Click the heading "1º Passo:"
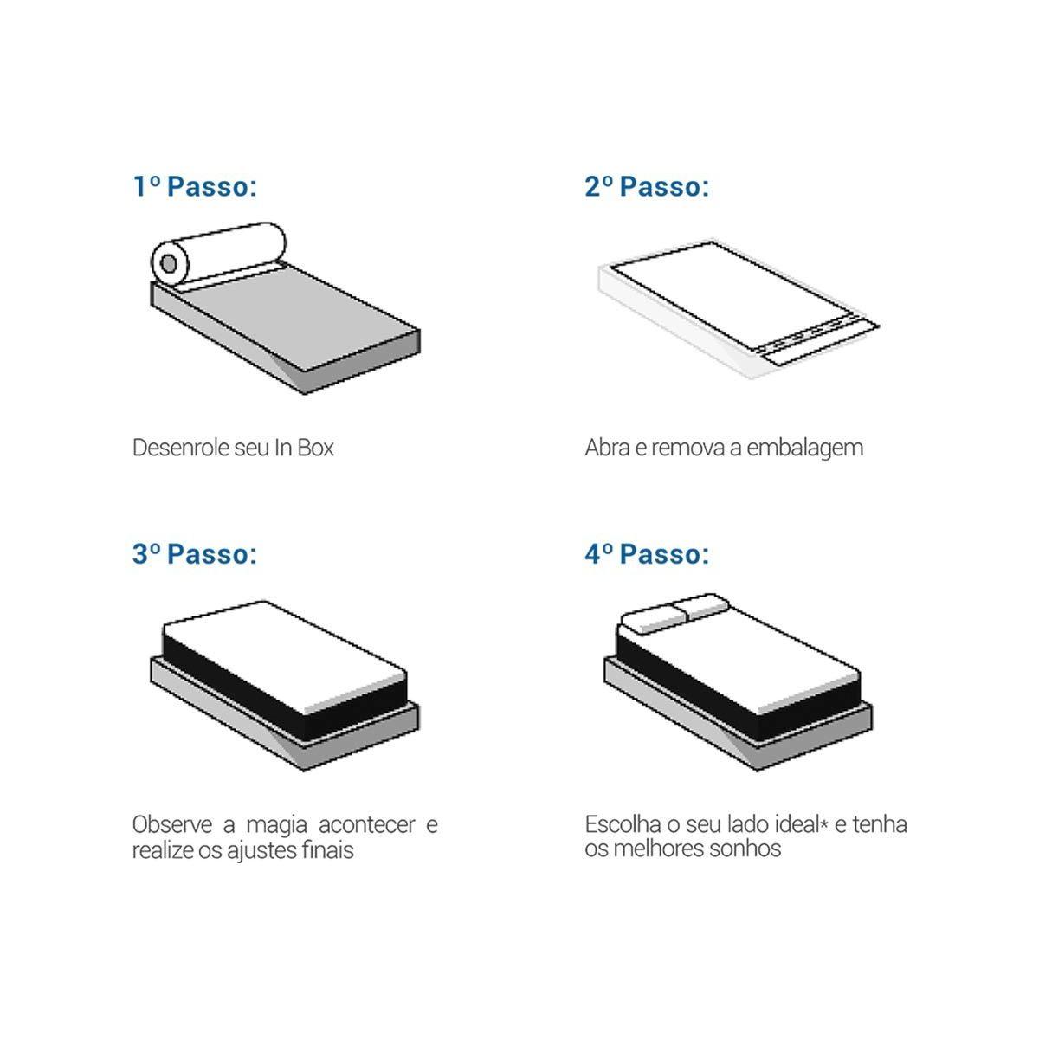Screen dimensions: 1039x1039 coord(195,186)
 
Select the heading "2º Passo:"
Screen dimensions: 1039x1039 coord(647,186)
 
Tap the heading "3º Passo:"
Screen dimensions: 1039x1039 coord(195,554)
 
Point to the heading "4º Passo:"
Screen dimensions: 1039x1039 coord(647,554)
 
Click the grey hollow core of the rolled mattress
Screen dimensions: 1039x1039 coord(169,264)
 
